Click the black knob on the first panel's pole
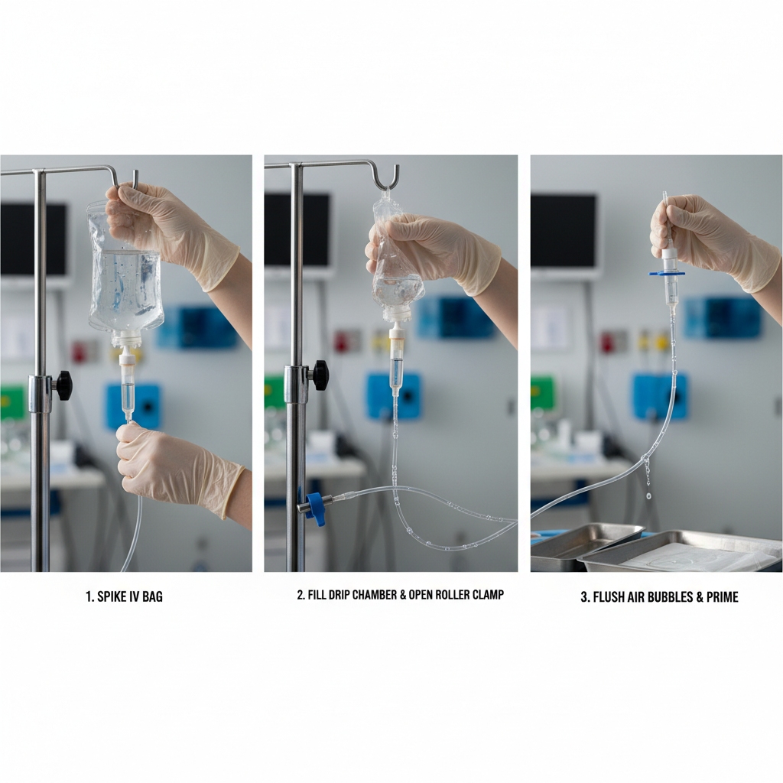pos(63,385)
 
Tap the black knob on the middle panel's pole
pos(320,375)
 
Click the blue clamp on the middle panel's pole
pos(314,508)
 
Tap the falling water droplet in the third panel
pos(648,496)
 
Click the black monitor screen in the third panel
pos(564,231)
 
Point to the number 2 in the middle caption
pos(300,595)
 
